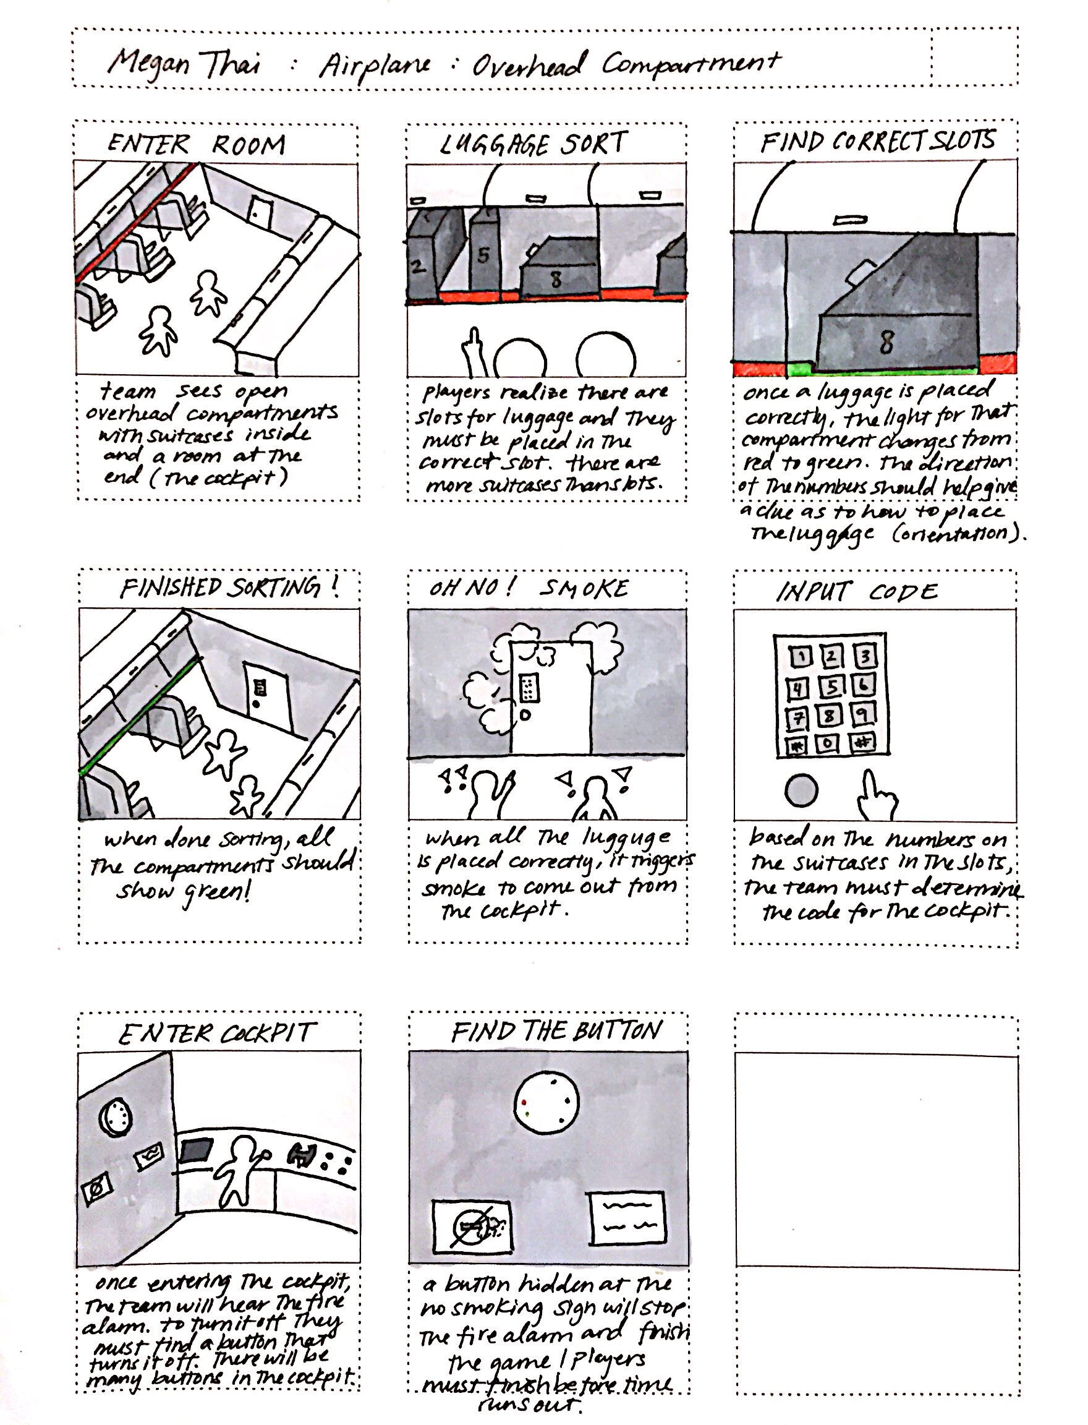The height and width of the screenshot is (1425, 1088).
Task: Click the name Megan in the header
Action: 148,64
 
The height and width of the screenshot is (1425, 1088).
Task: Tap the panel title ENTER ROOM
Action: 196,145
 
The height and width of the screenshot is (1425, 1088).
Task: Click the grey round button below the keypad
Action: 801,790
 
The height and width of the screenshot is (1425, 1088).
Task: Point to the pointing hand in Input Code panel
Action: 875,797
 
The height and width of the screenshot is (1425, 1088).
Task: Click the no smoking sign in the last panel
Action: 472,1227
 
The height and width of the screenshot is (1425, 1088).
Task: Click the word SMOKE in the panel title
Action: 584,588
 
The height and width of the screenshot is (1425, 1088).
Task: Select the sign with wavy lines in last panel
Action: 627,1218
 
